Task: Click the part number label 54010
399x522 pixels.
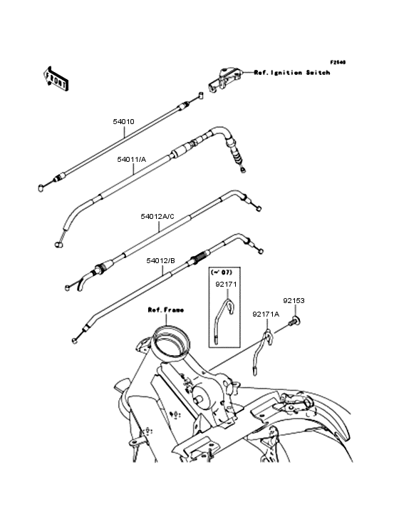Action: coord(123,122)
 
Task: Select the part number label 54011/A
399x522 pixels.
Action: coord(132,160)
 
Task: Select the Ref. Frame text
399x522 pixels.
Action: coord(165,310)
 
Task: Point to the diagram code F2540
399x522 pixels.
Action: coord(337,62)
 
